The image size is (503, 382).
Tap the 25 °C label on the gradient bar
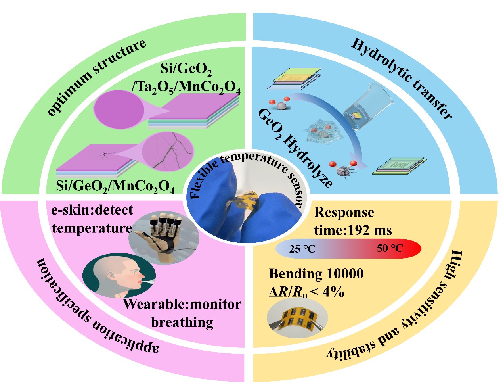(x=302, y=249)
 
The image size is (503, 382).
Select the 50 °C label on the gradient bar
(x=390, y=248)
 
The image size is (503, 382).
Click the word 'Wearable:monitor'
(x=182, y=304)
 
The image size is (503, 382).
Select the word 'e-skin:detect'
(x=92, y=210)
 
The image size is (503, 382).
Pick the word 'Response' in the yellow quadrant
(x=344, y=213)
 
